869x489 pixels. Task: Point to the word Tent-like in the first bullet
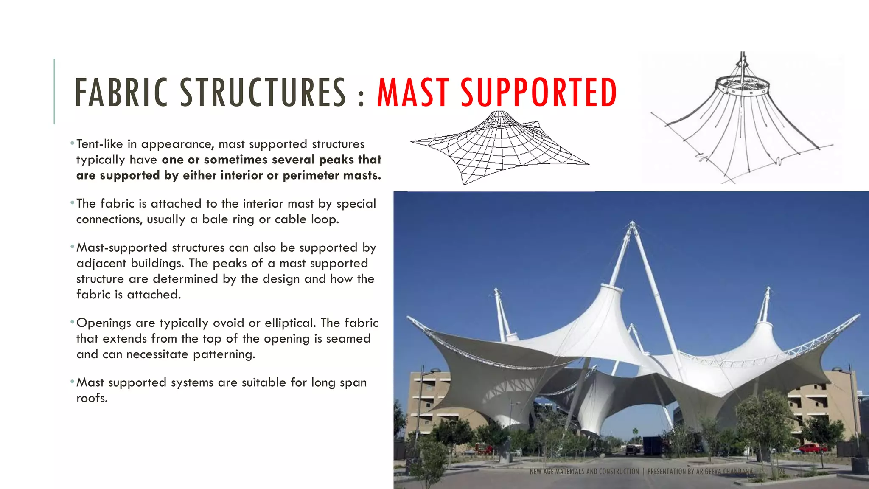100,144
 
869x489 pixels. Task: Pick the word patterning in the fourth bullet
224,354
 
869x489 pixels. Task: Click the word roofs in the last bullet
92,398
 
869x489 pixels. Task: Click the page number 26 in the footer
782,472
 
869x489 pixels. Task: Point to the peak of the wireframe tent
499,114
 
